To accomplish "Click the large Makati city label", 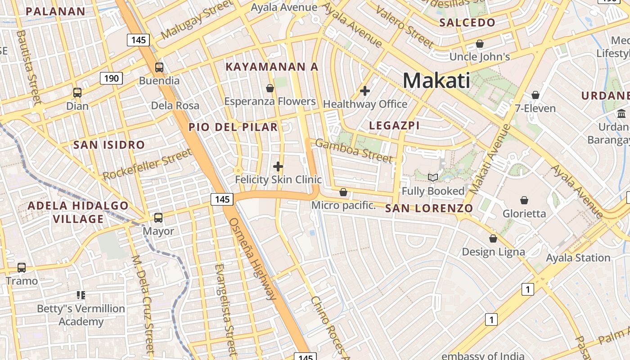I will [x=436, y=81].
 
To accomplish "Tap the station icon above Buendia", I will [x=159, y=67].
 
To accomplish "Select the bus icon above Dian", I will [x=77, y=93].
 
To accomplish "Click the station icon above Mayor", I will [x=158, y=218].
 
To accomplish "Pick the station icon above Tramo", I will [x=22, y=268].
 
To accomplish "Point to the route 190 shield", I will [x=111, y=79].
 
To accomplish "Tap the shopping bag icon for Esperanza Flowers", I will [x=270, y=88].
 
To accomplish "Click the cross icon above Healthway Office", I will [x=365, y=91].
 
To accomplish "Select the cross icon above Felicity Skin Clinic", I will [x=278, y=166].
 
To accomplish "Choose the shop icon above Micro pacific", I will [x=343, y=192].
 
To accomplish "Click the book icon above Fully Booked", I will [x=433, y=178].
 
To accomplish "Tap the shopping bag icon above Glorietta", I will [x=524, y=200].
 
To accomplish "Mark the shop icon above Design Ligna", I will [x=493, y=238].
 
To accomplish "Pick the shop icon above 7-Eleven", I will [x=535, y=95].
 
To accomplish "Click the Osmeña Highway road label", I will [x=252, y=258].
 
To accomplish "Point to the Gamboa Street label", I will [x=354, y=150].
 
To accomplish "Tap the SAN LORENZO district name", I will [x=429, y=208].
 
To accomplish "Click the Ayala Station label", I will [x=578, y=258].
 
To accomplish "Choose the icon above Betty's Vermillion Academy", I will [x=81, y=295].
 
